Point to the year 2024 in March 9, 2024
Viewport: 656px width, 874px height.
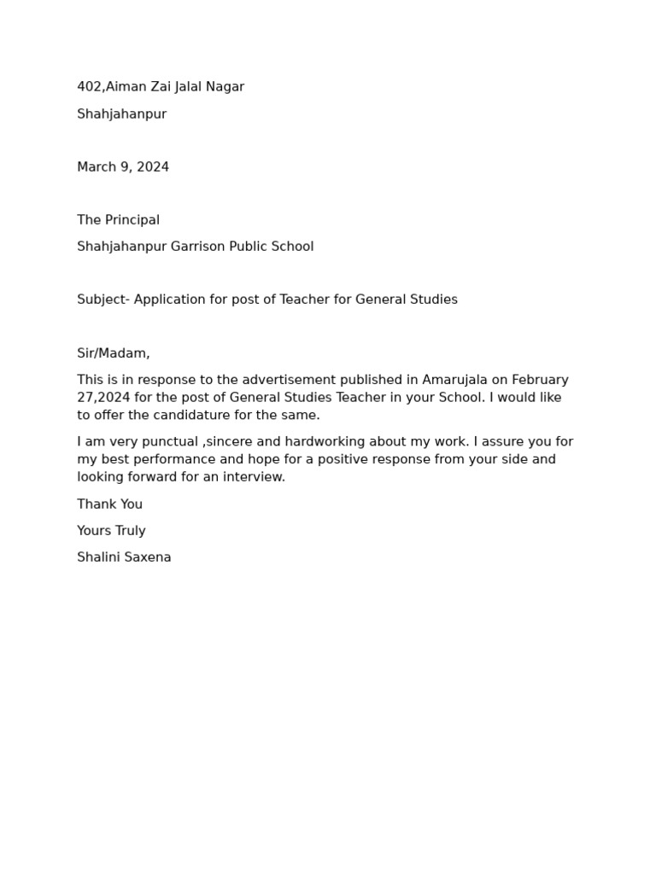153,167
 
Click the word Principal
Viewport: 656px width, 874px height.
132,220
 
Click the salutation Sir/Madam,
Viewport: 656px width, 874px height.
114,353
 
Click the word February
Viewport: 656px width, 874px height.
540,380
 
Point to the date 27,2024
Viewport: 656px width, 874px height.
103,398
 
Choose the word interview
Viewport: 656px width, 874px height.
253,477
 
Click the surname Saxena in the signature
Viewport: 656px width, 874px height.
148,557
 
